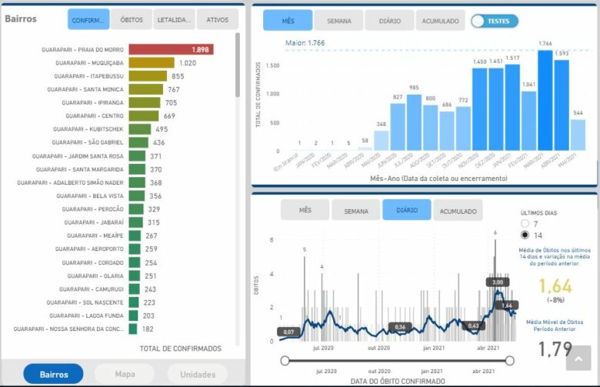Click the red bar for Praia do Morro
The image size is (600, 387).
coord(171,49)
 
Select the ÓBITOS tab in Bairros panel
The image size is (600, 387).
coord(132,20)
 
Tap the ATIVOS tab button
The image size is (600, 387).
coord(218,20)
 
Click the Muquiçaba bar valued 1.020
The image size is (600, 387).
coord(151,63)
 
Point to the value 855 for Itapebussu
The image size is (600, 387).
coord(178,76)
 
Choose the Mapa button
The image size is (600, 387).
coord(124,375)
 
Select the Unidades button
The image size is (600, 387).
coord(198,375)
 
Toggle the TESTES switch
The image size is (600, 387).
coord(495,21)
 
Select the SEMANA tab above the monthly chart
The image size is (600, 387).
coord(338,21)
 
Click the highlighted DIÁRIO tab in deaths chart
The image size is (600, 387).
coord(406,210)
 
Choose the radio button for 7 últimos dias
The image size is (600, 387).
coord(525,223)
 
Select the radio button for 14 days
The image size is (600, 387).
coord(525,235)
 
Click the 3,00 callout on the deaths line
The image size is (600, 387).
coord(497,282)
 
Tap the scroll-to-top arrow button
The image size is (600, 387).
coord(578,359)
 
